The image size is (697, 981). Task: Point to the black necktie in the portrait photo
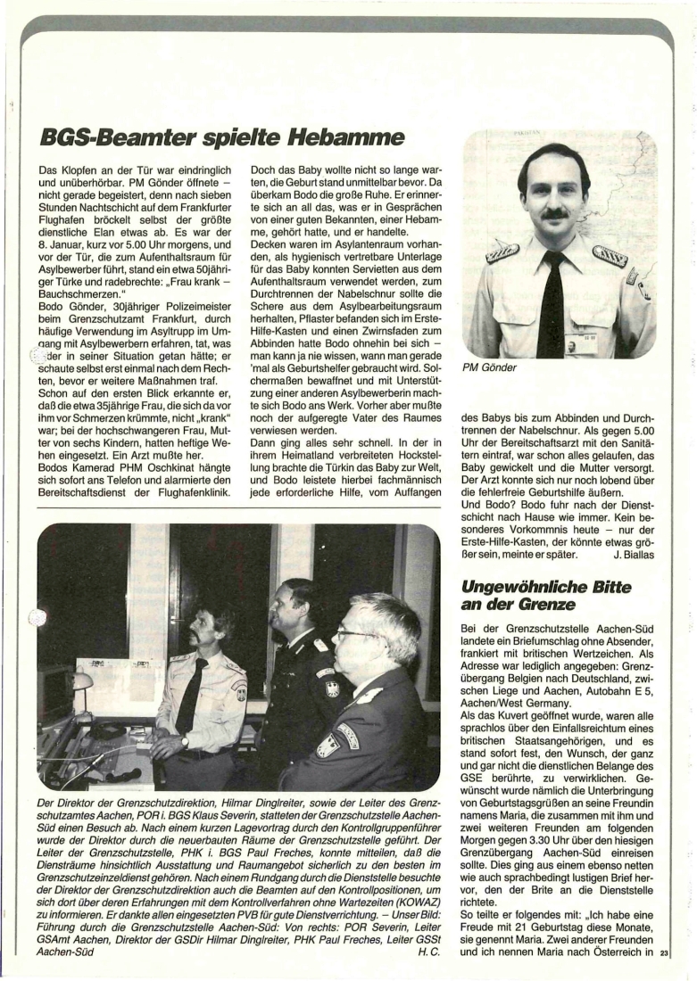click(551, 303)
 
